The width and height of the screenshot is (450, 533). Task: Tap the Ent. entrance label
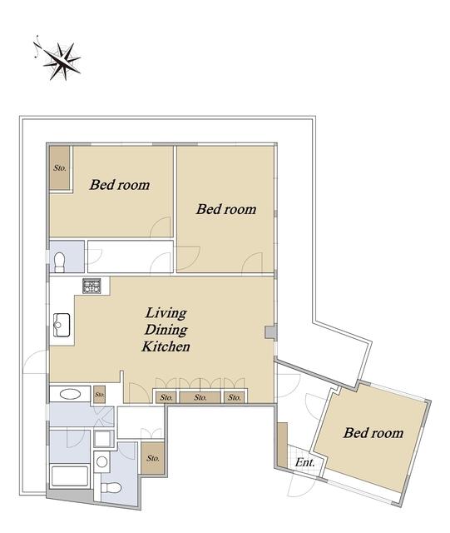(304, 462)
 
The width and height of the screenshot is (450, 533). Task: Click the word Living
(166, 313)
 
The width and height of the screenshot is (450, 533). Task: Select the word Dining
(166, 330)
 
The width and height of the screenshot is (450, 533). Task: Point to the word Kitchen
(166, 346)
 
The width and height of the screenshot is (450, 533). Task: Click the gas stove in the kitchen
(91, 286)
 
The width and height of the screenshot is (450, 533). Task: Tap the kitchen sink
(62, 325)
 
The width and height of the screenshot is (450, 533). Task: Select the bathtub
(70, 476)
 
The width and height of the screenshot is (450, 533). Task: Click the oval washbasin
(71, 394)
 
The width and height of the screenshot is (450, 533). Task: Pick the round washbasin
(101, 461)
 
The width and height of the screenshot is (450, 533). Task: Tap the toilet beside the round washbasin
(111, 487)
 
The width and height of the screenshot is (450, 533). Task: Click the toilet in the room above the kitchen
(59, 262)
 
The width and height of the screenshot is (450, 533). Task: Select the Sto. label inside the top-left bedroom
(60, 168)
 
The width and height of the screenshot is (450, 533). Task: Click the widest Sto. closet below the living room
(200, 397)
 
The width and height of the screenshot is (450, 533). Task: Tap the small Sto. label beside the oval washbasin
(100, 395)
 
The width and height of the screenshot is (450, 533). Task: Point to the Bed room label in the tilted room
(373, 433)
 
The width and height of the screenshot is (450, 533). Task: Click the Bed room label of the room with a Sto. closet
(120, 185)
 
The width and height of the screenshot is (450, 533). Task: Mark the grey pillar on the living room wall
(270, 332)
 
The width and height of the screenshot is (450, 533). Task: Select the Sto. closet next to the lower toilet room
(153, 458)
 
